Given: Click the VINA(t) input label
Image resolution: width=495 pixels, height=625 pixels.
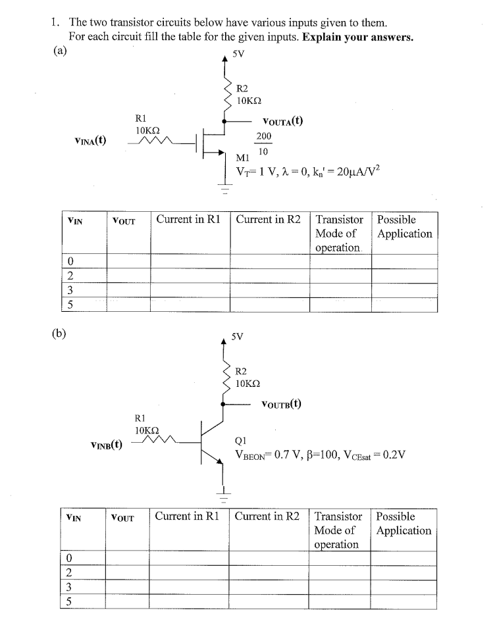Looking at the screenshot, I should click(x=93, y=140).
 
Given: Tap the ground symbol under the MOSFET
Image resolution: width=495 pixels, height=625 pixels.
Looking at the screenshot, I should click(x=224, y=192).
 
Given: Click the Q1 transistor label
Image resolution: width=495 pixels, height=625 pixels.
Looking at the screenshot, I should click(x=241, y=441).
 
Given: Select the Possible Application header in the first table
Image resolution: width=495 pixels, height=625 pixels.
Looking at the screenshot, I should click(x=404, y=226).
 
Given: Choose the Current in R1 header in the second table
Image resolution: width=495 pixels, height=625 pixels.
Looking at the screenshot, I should click(x=188, y=516).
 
